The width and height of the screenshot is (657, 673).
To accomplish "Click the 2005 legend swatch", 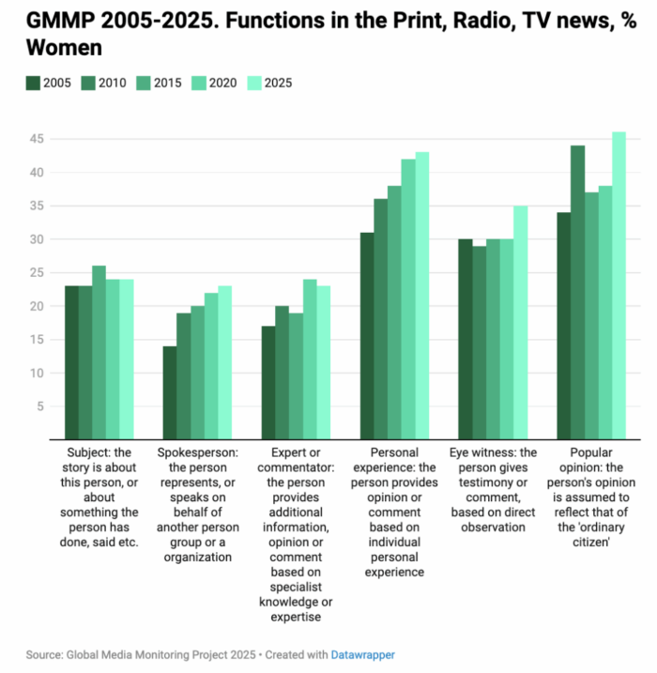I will [33, 84].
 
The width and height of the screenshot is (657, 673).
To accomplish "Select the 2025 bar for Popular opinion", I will [619, 285].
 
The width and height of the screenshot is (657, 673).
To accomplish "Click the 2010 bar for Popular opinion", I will [577, 292].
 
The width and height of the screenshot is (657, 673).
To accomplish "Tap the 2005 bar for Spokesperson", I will [170, 392].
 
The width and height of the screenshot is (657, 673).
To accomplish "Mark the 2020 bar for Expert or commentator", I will [310, 359].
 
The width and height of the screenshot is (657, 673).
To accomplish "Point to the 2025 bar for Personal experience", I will [422, 296].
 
